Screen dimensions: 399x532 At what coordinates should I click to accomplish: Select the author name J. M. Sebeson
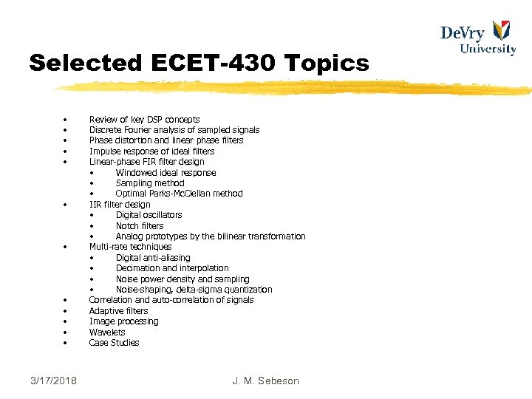click(265, 381)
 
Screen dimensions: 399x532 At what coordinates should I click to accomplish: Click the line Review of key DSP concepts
click(144, 119)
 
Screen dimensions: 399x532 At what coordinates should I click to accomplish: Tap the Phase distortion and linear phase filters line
click(166, 140)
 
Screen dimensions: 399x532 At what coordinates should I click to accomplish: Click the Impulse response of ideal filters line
click(151, 151)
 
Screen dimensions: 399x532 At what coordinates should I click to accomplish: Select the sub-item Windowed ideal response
click(166, 173)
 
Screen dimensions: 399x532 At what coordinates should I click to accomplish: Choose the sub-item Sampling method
click(150, 183)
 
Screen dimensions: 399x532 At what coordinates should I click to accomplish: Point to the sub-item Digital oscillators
click(149, 215)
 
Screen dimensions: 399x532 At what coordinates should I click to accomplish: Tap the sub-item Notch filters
click(140, 226)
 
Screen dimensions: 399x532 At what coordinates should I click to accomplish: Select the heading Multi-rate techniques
click(130, 247)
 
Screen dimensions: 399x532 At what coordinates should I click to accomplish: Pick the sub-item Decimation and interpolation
click(172, 268)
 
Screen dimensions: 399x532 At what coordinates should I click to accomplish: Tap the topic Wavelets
click(107, 332)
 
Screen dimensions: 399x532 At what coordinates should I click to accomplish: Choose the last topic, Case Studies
click(114, 343)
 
